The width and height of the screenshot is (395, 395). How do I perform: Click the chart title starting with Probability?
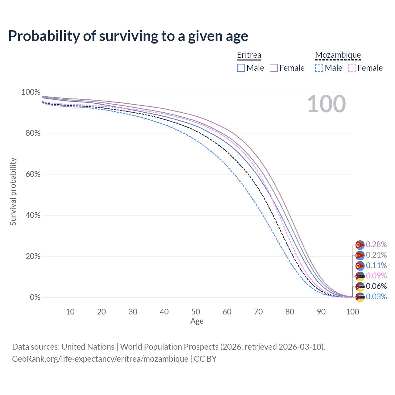(128, 36)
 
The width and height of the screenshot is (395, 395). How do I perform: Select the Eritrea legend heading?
(249, 55)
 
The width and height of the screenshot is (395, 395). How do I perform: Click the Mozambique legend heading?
(338, 55)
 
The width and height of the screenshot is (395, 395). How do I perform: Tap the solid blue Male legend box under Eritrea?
(241, 68)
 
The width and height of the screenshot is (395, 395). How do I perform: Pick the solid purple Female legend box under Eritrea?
(273, 68)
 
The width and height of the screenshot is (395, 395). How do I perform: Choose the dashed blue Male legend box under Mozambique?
(319, 68)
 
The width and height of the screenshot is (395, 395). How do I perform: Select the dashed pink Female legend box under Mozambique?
(352, 68)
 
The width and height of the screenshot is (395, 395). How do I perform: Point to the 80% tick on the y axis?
(33, 133)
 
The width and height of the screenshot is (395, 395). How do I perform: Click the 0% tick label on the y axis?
(35, 297)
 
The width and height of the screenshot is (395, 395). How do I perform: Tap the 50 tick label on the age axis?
(196, 312)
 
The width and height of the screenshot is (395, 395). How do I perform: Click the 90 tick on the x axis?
(321, 312)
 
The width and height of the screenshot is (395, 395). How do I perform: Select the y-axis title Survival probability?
(13, 191)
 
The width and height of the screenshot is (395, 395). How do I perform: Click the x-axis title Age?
(197, 321)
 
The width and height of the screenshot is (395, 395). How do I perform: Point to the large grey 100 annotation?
(326, 104)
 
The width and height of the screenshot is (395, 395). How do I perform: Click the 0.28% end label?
(376, 244)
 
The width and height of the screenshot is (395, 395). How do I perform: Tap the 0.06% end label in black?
(376, 286)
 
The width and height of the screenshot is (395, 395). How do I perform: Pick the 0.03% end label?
(376, 296)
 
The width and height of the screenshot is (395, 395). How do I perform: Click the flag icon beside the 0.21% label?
(360, 256)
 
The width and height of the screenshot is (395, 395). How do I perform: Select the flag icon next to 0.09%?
(360, 276)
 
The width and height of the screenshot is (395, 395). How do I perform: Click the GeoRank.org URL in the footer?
(100, 359)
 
